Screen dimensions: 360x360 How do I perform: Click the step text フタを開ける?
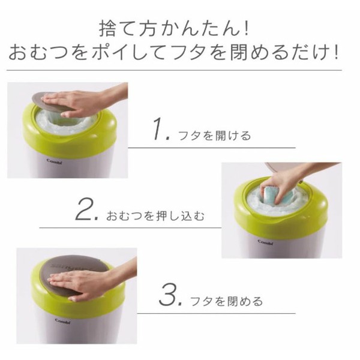[x=215, y=136]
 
